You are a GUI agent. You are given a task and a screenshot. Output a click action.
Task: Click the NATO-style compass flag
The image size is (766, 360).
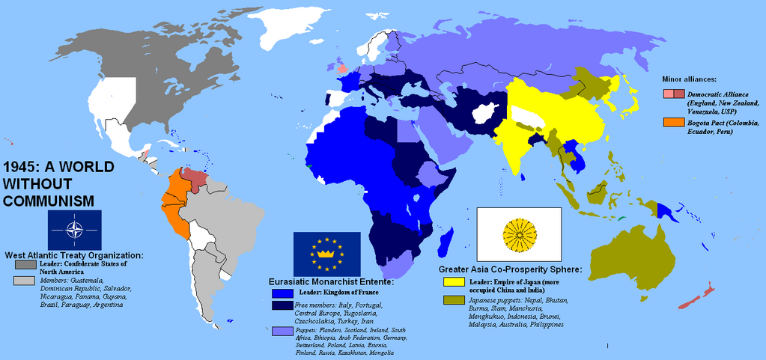[75, 230]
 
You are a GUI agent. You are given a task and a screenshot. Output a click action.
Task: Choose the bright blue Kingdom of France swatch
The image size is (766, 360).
[282, 291]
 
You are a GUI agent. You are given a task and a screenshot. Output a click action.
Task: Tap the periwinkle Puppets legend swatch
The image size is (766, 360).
[282, 330]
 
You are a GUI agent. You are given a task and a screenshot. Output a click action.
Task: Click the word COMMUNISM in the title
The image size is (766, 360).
[49, 200]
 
